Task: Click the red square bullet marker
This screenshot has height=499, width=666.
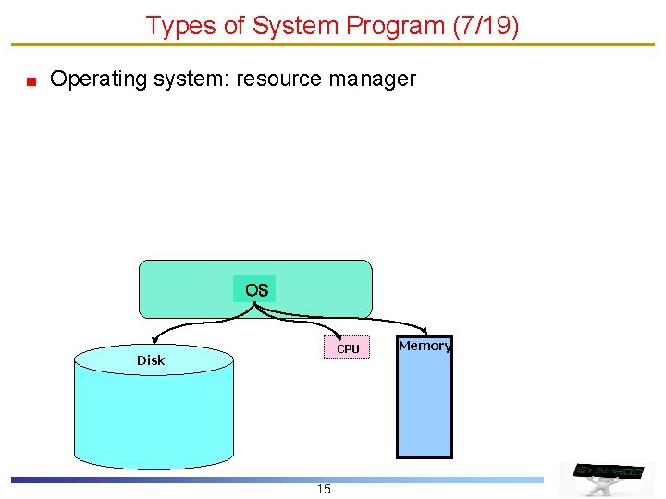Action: click(x=31, y=81)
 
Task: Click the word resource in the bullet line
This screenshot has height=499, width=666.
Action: click(x=279, y=79)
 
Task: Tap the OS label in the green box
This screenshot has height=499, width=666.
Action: click(x=256, y=290)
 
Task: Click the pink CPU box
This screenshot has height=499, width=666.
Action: click(x=347, y=348)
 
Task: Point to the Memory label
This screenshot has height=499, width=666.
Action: click(x=425, y=346)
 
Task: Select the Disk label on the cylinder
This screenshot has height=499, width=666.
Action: click(x=151, y=360)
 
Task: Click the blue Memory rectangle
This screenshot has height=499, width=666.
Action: click(x=425, y=407)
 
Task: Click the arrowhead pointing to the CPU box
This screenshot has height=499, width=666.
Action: click(x=339, y=336)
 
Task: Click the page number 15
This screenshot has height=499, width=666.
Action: click(x=324, y=489)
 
